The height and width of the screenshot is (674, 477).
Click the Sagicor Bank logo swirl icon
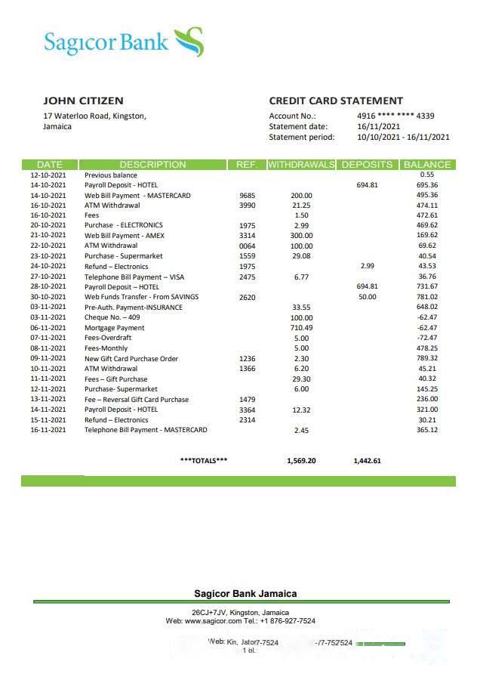pos(189,42)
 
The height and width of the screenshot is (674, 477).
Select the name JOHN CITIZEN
pos(83,100)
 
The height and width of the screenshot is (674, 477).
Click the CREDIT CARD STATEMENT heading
pos(336,100)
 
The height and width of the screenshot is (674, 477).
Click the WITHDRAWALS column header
pos(301,164)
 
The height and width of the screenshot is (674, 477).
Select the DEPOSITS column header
pos(367,164)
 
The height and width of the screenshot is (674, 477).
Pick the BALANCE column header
pos(427,164)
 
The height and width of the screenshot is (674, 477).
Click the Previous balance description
pos(111,175)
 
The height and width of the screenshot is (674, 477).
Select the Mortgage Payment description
pos(114,328)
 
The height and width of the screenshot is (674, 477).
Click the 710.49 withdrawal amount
pos(301,328)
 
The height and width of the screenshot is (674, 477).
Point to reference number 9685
pos(247,195)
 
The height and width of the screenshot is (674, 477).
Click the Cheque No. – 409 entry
pos(112,317)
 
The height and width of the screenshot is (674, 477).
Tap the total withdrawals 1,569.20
pos(301,460)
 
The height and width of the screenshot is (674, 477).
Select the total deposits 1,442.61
pos(367,460)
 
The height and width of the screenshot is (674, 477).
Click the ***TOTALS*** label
pos(204,460)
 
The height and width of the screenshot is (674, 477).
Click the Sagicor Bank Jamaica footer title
pos(245,594)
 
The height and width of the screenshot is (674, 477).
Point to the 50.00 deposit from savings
pos(367,297)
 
